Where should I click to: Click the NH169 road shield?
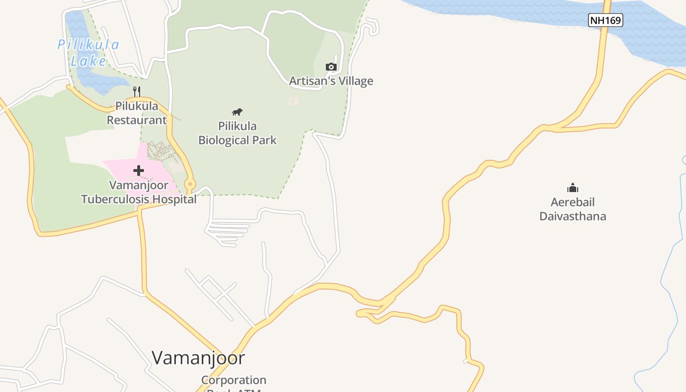click(605, 20)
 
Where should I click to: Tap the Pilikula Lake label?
click(88, 52)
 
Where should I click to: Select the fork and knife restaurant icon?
click(137, 91)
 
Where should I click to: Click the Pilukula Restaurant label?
click(137, 113)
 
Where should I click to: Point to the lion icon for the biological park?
click(237, 112)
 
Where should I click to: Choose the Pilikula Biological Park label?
click(237, 133)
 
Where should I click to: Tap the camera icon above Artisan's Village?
click(331, 67)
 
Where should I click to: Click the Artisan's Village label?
click(331, 81)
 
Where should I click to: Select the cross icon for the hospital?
click(139, 171)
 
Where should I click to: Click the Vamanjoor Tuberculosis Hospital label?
click(139, 193)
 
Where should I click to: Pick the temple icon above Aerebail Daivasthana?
click(572, 188)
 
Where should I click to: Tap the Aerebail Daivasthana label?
click(572, 209)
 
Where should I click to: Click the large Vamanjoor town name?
click(198, 358)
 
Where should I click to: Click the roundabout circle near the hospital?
click(190, 184)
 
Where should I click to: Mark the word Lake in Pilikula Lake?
click(88, 61)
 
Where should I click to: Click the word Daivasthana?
click(572, 216)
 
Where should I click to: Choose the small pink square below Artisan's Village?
click(293, 101)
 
